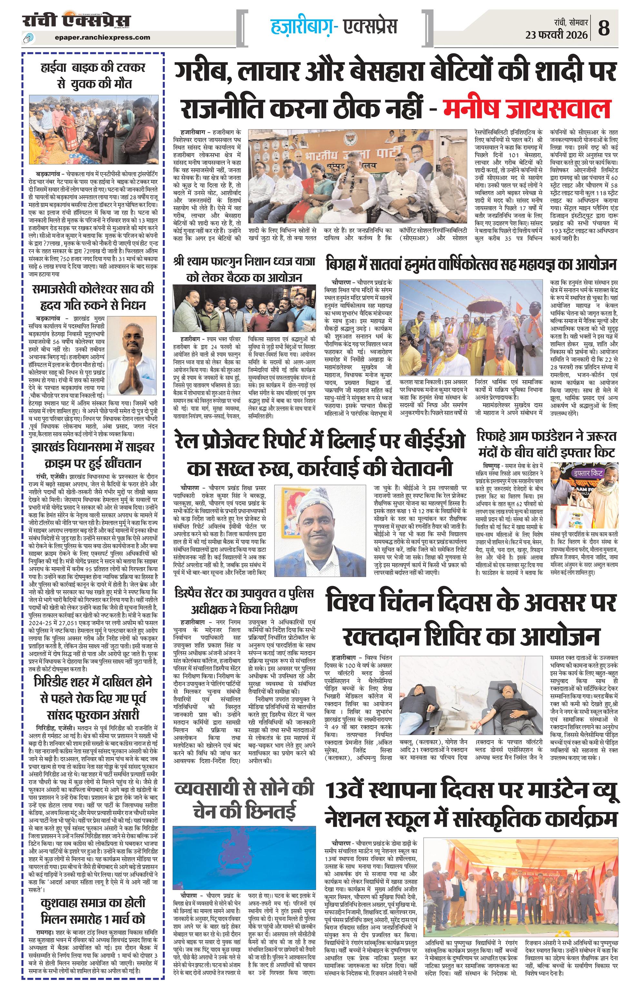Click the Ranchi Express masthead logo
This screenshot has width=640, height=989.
click(x=76, y=21)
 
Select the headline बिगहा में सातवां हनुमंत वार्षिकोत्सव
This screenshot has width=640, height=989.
click(x=471, y=265)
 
